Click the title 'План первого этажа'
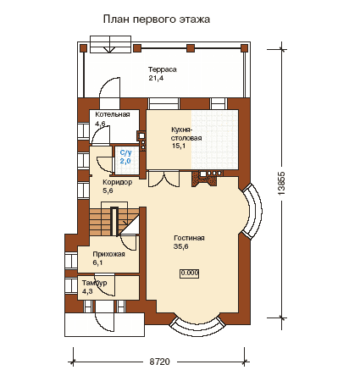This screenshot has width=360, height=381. tap(157, 19)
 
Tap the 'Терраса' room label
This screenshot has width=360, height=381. tap(163, 69)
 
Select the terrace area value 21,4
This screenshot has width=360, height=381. tap(156, 78)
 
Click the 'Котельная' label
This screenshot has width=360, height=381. tap(113, 114)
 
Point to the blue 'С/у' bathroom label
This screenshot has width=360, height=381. tap(125, 152)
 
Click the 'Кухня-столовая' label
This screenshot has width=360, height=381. tap(186, 134)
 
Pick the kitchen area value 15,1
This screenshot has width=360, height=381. tap(179, 146)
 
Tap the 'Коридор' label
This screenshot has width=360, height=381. tap(118, 182)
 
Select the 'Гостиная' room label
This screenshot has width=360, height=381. tap(189, 238)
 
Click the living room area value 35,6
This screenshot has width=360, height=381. tap(181, 246)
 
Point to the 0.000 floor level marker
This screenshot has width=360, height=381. tap(190, 273)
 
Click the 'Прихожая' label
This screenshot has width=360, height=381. tap(108, 254)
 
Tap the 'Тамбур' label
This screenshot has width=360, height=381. tap(94, 283)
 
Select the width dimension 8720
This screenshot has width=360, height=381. tap(159, 362)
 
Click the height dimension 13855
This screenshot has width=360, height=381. tap(281, 183)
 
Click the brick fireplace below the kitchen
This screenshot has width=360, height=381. tap(204, 179)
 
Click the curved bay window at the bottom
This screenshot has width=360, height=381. tap(198, 328)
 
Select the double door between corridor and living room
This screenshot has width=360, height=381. tap(163, 179)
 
